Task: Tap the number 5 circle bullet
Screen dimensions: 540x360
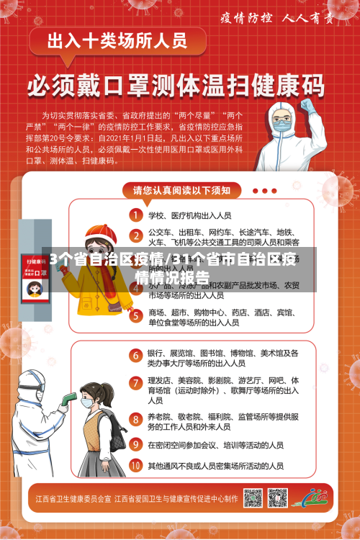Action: point(135,314)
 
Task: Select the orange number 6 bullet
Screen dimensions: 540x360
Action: point(135,355)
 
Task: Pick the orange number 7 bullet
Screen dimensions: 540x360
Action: point(135,382)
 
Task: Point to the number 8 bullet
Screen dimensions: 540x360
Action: point(135,418)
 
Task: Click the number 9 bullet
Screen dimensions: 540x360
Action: point(135,445)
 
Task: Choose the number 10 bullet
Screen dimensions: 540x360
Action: point(135,466)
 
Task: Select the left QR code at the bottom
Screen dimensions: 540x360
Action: point(253,498)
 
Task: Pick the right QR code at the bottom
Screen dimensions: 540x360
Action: point(276,498)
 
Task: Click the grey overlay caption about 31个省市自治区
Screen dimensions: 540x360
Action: point(180,269)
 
